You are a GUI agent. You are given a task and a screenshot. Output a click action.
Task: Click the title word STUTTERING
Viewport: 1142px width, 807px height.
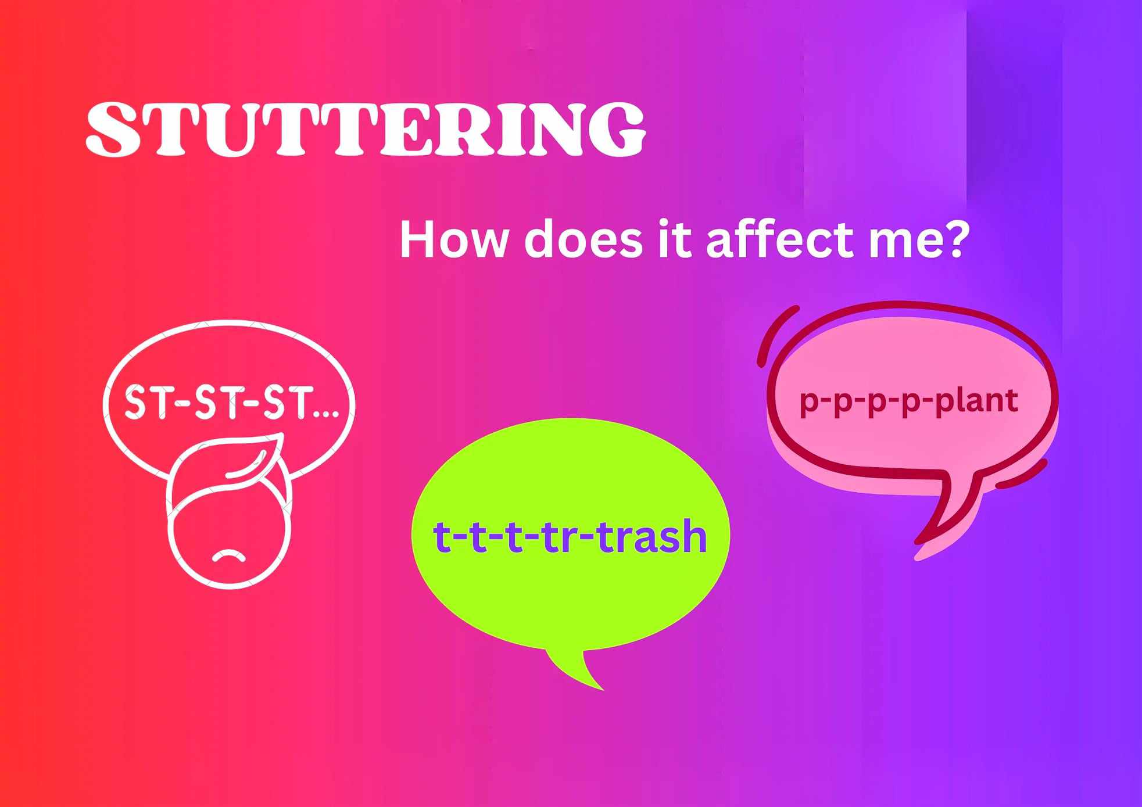pyautogui.click(x=366, y=129)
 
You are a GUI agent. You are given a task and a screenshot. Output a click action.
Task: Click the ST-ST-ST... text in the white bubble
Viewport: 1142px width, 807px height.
pyautogui.click(x=231, y=401)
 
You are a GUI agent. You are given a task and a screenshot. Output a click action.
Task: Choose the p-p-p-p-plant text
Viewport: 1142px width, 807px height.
pyautogui.click(x=909, y=400)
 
